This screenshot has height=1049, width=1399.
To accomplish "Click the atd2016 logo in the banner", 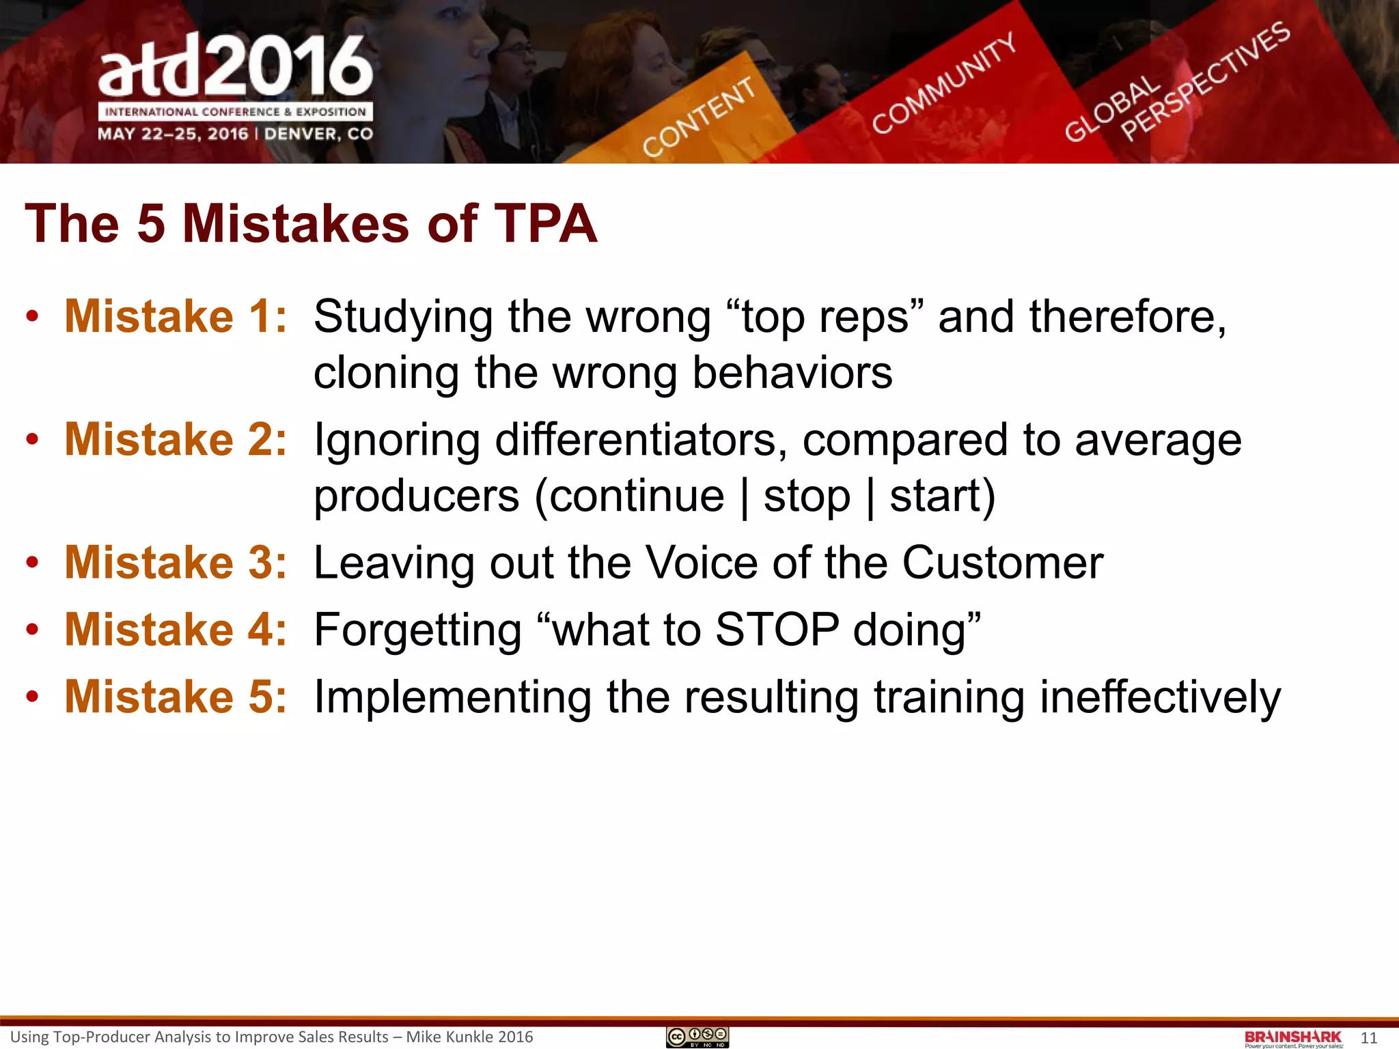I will click(x=236, y=67).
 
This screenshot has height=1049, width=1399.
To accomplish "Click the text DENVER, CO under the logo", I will click(x=318, y=134).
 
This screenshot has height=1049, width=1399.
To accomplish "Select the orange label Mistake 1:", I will click(x=176, y=317).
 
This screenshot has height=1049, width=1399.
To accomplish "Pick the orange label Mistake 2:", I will click(x=176, y=439).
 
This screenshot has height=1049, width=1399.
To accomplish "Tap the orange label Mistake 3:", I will click(x=176, y=563).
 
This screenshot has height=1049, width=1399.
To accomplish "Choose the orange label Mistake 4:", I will click(x=176, y=630).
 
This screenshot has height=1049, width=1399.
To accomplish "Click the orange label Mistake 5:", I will click(x=176, y=697).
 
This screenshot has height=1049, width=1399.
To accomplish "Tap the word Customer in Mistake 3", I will click(x=1002, y=563).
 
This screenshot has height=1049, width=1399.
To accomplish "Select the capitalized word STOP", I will click(x=777, y=630).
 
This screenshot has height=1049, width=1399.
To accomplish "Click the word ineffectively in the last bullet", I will click(x=1160, y=698).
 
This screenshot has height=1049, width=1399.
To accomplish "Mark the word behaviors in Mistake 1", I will click(x=792, y=374).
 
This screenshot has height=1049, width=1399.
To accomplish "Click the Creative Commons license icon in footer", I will click(x=697, y=1037).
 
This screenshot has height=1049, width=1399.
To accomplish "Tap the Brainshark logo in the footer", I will click(x=1293, y=1038).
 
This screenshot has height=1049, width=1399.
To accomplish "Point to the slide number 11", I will click(x=1368, y=1038).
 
